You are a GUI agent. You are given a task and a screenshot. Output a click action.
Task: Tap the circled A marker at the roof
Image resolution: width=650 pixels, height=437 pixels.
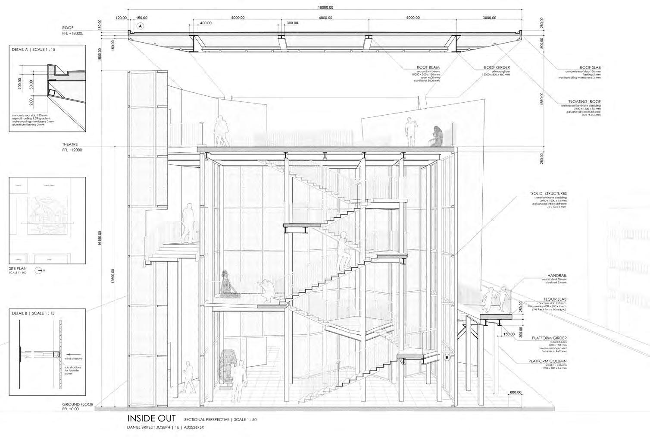[x=141, y=26]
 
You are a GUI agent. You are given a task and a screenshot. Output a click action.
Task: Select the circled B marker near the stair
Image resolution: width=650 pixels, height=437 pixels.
[x=447, y=357]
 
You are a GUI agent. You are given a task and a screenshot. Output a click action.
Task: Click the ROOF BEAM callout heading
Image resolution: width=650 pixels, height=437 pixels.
[x=428, y=68]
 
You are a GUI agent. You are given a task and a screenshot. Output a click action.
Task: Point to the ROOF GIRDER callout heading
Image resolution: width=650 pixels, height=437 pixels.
[x=497, y=68]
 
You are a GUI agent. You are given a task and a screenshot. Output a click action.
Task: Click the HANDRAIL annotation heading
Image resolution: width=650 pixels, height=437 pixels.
[x=557, y=275]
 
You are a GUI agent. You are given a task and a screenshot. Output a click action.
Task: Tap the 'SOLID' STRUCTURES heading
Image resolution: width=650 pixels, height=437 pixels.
[x=548, y=194]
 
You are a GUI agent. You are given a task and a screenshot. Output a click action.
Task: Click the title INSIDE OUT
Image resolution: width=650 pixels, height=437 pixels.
[x=151, y=418]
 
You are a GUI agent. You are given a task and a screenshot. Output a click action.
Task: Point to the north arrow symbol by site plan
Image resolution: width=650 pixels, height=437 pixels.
[x=39, y=270]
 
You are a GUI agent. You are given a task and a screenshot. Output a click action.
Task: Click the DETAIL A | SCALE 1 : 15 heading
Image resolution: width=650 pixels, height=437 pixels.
[x=34, y=50]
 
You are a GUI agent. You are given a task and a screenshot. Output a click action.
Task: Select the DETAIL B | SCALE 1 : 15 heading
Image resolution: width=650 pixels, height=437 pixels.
[x=34, y=313]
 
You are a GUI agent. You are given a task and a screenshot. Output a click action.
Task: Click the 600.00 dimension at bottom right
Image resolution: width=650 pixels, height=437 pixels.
[x=516, y=392]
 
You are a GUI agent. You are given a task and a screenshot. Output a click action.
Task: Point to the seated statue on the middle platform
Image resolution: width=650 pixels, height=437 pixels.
[x=227, y=284]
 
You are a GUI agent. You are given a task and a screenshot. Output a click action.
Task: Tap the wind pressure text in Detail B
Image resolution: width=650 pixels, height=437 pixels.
[x=73, y=358]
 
